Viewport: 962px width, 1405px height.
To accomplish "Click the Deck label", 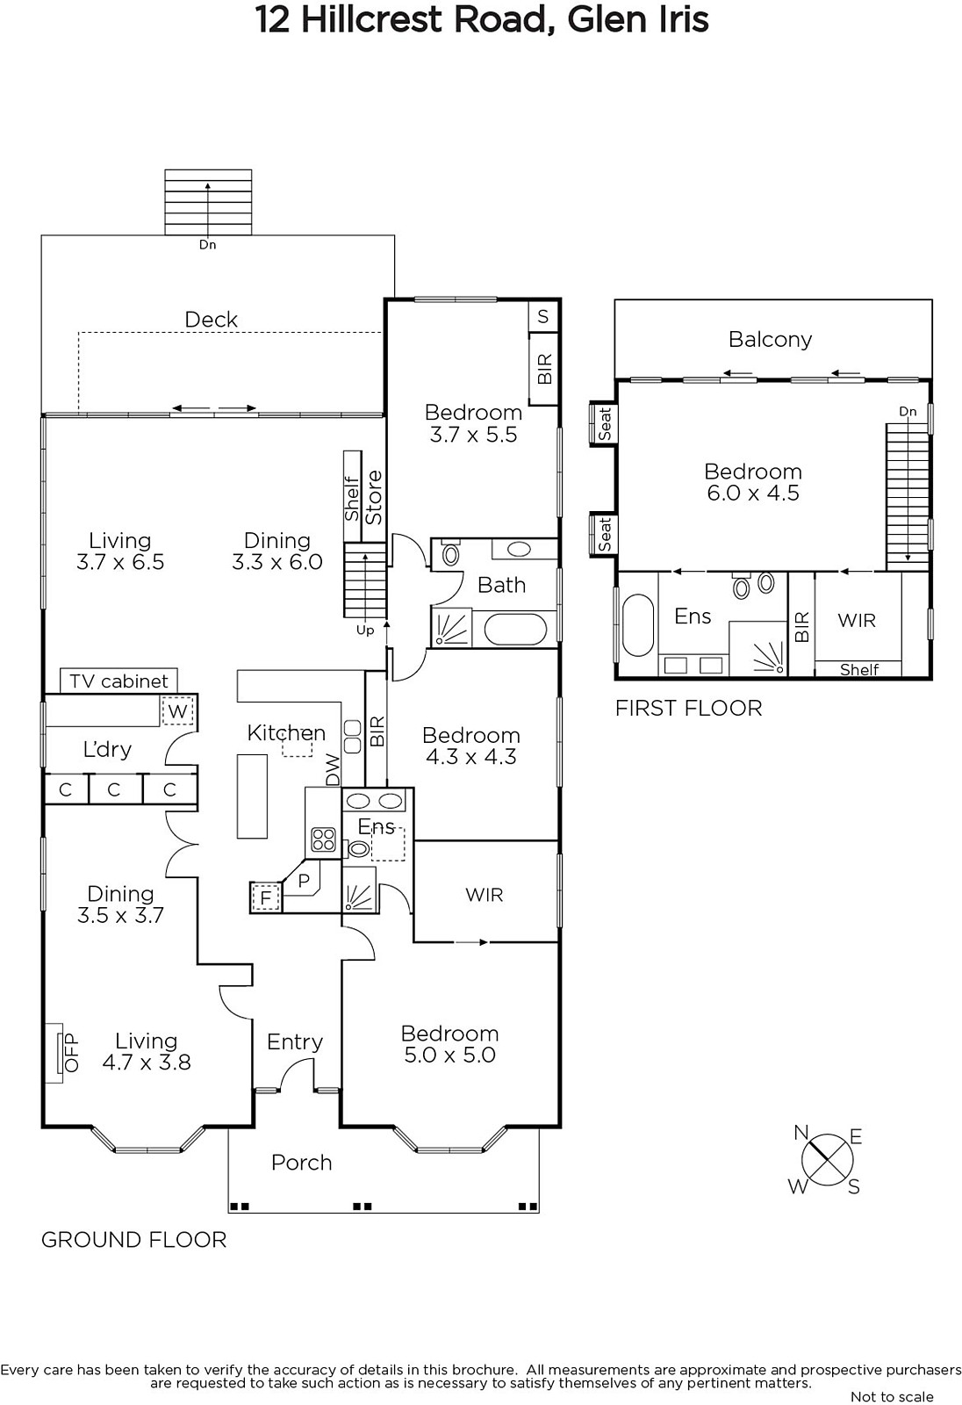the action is tap(211, 320).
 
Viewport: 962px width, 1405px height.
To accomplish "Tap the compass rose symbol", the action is tap(827, 1159).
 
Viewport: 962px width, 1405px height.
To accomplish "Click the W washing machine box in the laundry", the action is tap(177, 711).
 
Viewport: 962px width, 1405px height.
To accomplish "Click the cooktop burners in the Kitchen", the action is tap(323, 839).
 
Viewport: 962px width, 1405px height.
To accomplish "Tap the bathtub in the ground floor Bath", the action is tap(515, 629).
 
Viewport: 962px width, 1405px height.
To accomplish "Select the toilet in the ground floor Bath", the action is tap(449, 554).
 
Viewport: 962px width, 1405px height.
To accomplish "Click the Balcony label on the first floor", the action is tap(770, 339).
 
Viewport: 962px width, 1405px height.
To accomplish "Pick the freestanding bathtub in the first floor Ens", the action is tap(638, 624).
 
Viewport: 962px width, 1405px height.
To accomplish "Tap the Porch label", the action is tap(301, 1163).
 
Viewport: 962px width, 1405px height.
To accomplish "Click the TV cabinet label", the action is tap(118, 681).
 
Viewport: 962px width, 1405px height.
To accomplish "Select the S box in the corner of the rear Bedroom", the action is tap(543, 317).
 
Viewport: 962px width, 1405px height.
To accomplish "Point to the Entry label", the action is tap(295, 1041).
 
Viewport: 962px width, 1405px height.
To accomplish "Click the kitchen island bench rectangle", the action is tap(252, 796).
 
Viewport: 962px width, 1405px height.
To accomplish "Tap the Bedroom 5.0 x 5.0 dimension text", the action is tap(449, 1056).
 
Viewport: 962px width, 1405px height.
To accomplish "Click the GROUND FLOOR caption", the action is tap(133, 1239).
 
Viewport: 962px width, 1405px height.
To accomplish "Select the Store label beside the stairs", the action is tap(374, 497).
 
